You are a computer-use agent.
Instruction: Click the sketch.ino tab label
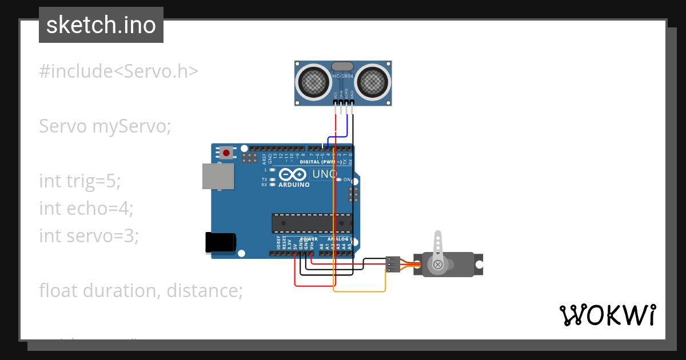pyautogui.click(x=101, y=25)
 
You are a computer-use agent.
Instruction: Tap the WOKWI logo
pyautogui.click(x=607, y=315)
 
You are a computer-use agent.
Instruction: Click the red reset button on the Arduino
pyautogui.click(x=226, y=153)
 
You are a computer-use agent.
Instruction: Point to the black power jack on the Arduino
pyautogui.click(x=220, y=242)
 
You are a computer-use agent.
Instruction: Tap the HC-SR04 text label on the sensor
pyautogui.click(x=343, y=75)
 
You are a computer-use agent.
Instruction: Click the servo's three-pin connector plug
pyautogui.click(x=393, y=264)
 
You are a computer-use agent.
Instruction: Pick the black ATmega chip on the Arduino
pyautogui.click(x=312, y=223)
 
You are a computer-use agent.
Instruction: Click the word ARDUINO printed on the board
pyautogui.click(x=294, y=185)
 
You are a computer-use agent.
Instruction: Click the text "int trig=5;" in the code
pyautogui.click(x=80, y=181)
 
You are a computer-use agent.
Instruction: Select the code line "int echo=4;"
pyautogui.click(x=86, y=208)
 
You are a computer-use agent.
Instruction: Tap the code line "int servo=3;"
pyautogui.click(x=89, y=235)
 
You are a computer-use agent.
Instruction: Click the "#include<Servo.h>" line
pyautogui.click(x=119, y=71)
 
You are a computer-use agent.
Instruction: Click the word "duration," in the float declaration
pyautogui.click(x=122, y=290)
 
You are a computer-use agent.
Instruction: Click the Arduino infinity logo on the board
pyautogui.click(x=293, y=174)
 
